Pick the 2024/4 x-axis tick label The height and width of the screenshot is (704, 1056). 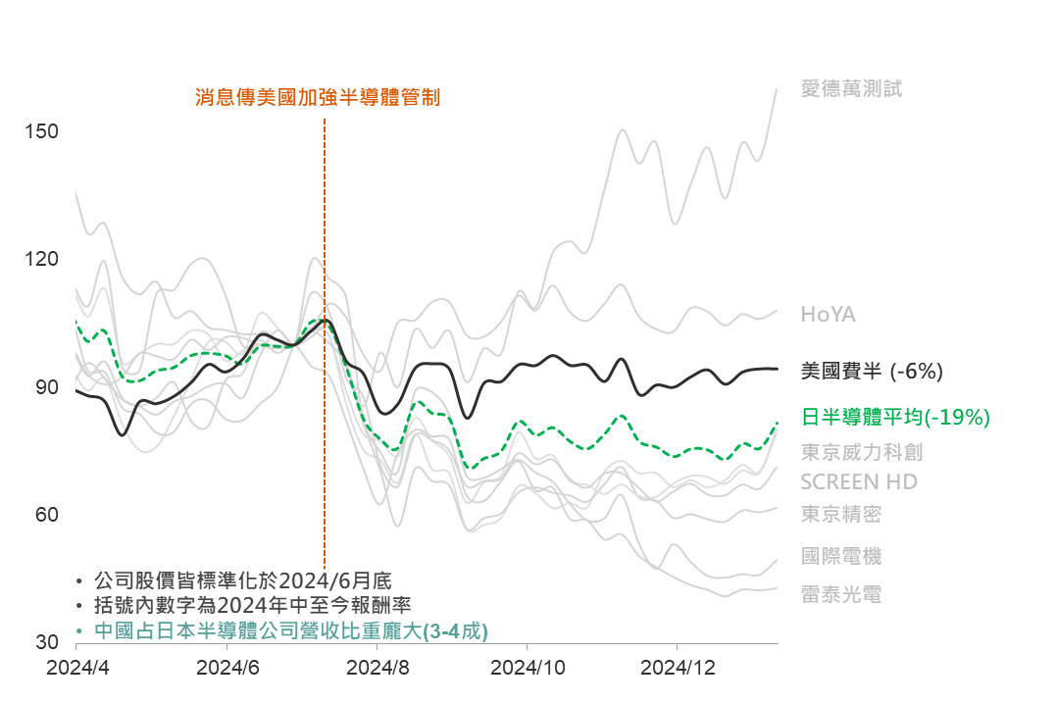(77, 667)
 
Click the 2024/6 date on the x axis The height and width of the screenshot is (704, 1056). (227, 667)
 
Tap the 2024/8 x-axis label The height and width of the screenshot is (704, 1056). (377, 667)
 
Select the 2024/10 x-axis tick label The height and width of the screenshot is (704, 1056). (528, 667)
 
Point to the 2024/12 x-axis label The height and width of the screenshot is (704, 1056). (678, 667)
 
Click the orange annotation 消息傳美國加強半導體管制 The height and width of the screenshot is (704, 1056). (318, 97)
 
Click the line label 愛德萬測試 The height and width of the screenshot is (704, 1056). (851, 89)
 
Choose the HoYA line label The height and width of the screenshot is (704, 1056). (829, 315)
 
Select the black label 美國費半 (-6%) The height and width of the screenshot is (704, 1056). (872, 371)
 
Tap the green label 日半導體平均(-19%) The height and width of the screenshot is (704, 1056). (895, 418)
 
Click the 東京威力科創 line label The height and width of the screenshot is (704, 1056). (862, 452)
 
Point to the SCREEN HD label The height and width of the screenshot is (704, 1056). (859, 482)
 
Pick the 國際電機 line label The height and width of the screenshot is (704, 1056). (841, 556)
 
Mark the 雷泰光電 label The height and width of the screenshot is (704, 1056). (841, 594)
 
